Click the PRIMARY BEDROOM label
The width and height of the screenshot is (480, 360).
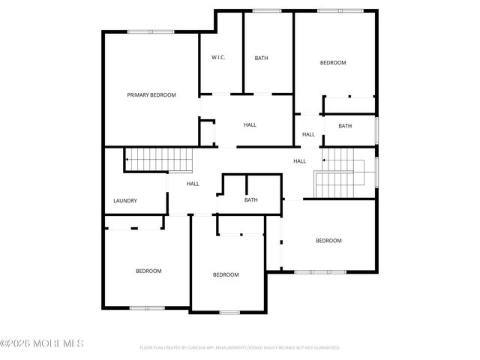(x=151, y=94)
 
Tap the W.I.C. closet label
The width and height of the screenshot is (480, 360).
(x=219, y=58)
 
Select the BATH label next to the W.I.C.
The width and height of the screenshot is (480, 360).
(x=261, y=58)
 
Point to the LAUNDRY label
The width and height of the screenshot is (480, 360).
(x=124, y=201)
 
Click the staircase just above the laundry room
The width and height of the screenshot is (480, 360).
(x=159, y=159)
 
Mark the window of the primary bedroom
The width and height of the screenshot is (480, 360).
(x=151, y=31)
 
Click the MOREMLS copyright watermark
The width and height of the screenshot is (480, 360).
(x=42, y=343)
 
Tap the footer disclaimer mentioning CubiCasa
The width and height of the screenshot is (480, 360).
(x=240, y=348)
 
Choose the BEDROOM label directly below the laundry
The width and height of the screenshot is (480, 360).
(x=148, y=271)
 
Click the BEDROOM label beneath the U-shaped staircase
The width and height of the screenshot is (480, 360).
(x=328, y=241)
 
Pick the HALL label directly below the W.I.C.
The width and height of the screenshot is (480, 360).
(x=250, y=124)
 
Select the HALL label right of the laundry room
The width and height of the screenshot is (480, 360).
(x=193, y=184)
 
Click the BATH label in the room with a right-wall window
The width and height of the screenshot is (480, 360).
(x=345, y=126)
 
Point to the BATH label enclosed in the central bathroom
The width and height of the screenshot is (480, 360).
(x=251, y=199)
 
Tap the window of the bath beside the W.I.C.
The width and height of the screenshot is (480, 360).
(x=267, y=10)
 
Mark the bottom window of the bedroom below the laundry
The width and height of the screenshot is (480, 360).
(x=147, y=307)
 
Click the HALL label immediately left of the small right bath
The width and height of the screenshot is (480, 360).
(x=309, y=134)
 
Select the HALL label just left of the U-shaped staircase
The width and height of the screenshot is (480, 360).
(x=300, y=161)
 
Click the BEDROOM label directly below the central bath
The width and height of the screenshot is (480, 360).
(x=226, y=274)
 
